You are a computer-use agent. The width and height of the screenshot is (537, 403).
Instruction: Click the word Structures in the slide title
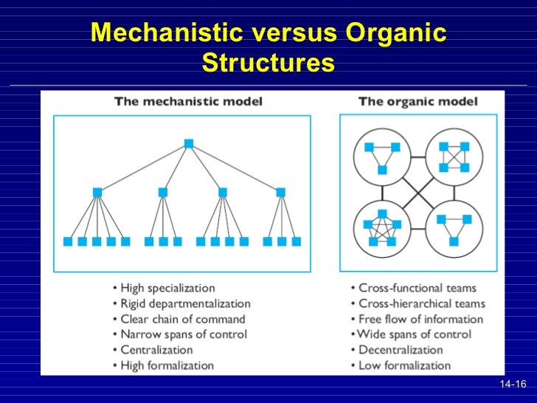(x=268, y=63)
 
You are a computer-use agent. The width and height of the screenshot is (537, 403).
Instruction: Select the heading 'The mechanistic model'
(x=188, y=102)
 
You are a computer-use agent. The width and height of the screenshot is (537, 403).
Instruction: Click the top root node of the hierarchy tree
(x=189, y=143)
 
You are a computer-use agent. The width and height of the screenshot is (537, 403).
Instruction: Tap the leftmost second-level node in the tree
(x=97, y=192)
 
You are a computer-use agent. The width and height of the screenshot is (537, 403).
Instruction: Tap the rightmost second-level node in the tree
(x=280, y=192)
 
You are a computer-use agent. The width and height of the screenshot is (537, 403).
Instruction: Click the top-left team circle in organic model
(x=381, y=156)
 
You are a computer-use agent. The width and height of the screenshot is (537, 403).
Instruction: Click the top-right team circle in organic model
(x=454, y=156)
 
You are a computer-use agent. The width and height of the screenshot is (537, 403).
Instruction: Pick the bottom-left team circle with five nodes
(x=381, y=227)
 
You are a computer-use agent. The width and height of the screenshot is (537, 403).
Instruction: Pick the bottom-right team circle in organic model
(x=454, y=227)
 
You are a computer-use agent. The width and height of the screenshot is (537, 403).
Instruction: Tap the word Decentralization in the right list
(x=401, y=350)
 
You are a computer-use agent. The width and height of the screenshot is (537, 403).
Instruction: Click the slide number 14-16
(x=513, y=385)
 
